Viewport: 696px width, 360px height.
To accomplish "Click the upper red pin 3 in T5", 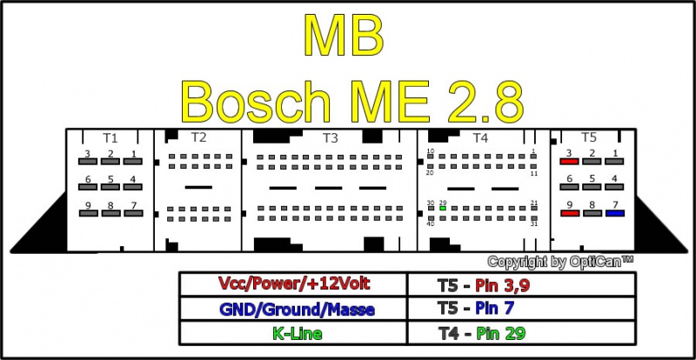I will click(569, 163).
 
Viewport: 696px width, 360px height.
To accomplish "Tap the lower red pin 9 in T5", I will click(569, 212).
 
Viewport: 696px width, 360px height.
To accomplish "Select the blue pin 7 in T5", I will click(615, 212).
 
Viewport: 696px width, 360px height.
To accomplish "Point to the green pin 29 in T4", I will click(443, 209).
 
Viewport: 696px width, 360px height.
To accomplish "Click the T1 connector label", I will click(110, 137).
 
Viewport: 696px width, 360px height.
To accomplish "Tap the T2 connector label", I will click(198, 137).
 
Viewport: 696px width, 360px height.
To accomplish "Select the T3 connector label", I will click(330, 137).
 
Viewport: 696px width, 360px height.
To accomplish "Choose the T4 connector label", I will click(480, 137).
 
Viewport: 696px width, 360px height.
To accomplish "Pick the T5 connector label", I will click(589, 137).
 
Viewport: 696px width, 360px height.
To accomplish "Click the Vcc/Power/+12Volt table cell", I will click(294, 283).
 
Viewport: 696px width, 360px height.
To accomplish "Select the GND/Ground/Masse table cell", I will click(294, 308).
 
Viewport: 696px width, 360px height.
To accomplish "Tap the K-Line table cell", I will click(294, 332).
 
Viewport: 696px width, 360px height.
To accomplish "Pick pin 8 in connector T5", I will click(592, 212).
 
